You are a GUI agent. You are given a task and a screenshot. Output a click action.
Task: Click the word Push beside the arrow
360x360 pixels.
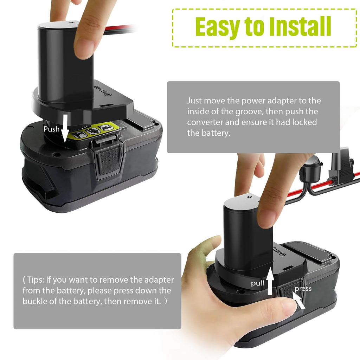[52, 129]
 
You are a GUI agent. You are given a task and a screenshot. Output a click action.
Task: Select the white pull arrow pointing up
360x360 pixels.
[270, 281]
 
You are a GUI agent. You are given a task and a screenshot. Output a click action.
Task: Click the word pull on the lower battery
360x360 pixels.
[258, 283]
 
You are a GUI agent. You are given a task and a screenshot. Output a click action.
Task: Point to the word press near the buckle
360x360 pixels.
[303, 289]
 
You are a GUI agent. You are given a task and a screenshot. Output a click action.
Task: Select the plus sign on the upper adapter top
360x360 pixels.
[72, 22]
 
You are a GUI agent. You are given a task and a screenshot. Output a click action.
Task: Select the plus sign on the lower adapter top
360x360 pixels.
[250, 197]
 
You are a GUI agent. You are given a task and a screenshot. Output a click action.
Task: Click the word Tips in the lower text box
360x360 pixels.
[35, 280]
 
